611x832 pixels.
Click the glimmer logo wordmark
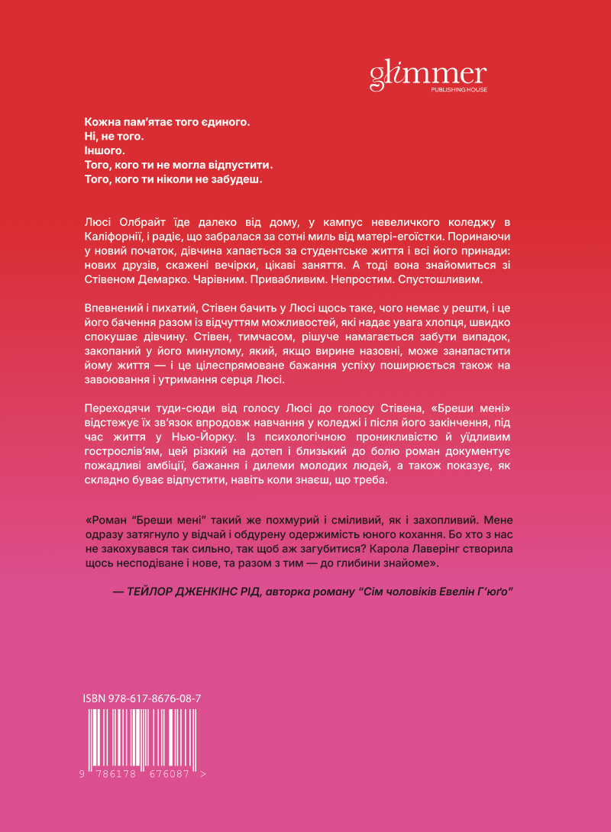click(428, 73)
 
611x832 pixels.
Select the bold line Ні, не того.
click(112, 136)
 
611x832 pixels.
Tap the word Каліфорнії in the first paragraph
click(110, 237)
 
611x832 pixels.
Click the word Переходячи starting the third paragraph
click(114, 406)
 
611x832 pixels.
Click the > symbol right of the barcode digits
click(202, 773)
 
